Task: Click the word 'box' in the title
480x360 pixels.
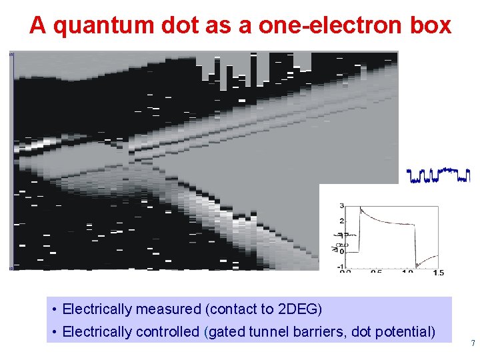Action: (432, 25)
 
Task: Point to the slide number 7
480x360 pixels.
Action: (473, 344)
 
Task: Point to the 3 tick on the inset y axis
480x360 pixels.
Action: (341, 205)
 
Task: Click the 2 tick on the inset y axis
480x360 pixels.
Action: (341, 221)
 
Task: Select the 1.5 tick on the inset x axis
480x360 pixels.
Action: (438, 272)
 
